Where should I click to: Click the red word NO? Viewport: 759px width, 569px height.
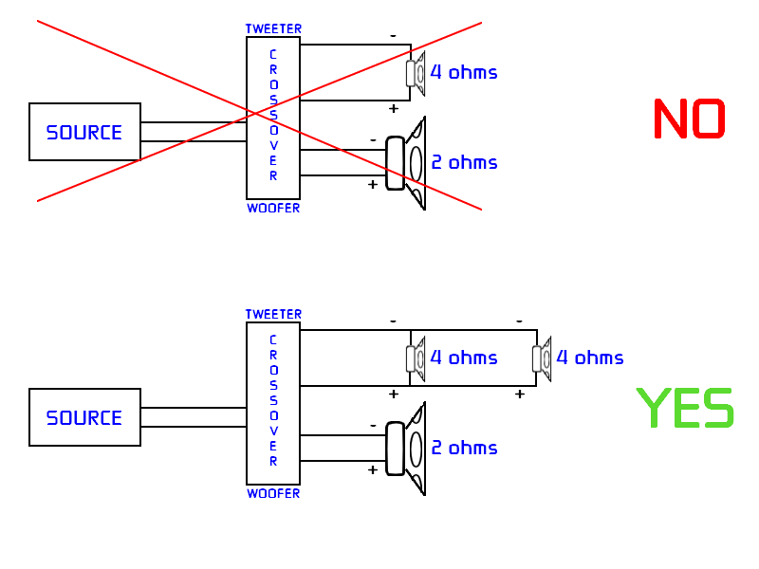(x=690, y=119)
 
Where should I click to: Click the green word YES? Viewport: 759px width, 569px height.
(x=685, y=409)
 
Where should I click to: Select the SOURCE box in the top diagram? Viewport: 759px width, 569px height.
(x=84, y=132)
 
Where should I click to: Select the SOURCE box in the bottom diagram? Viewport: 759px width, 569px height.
(x=84, y=417)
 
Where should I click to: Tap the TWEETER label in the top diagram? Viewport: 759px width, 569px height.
(x=273, y=29)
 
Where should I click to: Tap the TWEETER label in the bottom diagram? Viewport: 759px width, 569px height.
(x=273, y=314)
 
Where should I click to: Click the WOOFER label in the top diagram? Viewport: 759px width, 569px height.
(x=273, y=208)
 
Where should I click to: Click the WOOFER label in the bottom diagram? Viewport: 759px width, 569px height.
(x=273, y=493)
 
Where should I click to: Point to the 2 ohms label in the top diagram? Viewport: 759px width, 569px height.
(x=464, y=162)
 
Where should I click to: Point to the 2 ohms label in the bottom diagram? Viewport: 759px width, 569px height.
(x=464, y=448)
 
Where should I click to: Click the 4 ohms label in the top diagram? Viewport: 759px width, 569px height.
(x=464, y=72)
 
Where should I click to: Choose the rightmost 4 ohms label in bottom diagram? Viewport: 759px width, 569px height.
(x=590, y=358)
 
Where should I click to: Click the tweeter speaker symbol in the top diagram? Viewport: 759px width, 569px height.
(x=416, y=73)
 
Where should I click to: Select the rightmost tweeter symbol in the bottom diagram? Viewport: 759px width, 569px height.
(x=542, y=358)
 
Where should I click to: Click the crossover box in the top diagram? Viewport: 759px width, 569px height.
(x=273, y=118)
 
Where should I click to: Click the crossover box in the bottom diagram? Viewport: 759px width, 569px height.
(x=273, y=403)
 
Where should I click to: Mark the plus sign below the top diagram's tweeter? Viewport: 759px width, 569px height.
(x=394, y=108)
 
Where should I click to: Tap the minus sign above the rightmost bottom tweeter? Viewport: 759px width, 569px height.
(x=519, y=321)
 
